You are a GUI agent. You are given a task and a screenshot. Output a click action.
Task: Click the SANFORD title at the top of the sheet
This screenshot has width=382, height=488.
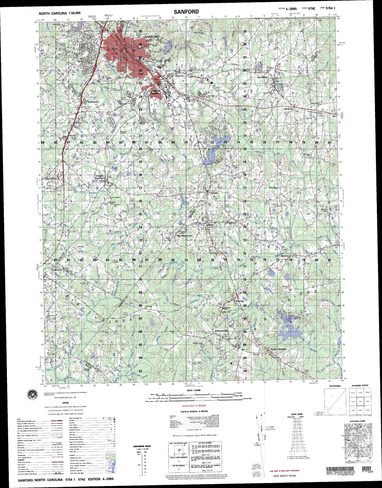pyautogui.click(x=186, y=12)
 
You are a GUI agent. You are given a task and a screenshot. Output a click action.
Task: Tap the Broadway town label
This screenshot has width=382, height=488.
pyautogui.click(x=263, y=77)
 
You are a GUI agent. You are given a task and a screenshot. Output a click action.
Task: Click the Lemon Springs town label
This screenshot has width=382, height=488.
pyautogui.click(x=99, y=177)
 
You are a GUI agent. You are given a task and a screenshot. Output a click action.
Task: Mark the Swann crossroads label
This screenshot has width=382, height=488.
pyautogui.click(x=214, y=193)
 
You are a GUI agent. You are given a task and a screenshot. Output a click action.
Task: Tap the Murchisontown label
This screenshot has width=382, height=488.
pyautogui.click(x=185, y=236)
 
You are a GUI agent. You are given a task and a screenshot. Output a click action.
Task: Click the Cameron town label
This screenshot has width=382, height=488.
pyautogui.click(x=57, y=270)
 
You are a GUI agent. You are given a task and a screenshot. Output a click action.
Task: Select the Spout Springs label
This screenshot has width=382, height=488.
pyautogui.click(x=278, y=349)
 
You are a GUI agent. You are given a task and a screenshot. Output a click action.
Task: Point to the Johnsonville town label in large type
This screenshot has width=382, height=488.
pyautogui.click(x=221, y=331)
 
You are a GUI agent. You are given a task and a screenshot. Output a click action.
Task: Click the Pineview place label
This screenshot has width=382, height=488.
pyautogui.click(x=240, y=301)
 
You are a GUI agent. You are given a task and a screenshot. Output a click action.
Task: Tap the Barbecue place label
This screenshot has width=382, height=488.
pyautogui.click(x=286, y=256)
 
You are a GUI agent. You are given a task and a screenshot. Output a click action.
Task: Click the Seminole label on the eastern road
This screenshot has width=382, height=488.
pyautogui.click(x=288, y=109)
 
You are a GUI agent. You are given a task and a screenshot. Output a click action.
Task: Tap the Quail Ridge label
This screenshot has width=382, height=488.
pyautogui.click(x=51, y=178)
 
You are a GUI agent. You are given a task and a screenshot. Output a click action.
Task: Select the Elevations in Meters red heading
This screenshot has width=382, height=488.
pyautogui.click(x=194, y=406)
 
